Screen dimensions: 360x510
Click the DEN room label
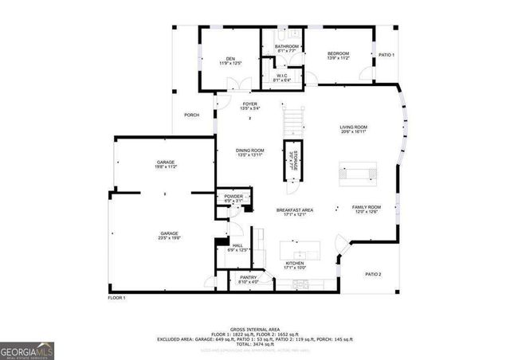[230, 58]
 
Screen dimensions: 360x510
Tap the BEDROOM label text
[338, 53]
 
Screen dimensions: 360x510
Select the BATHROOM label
[287, 47]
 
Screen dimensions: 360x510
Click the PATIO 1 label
[386, 55]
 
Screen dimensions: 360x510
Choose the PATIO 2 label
[374, 274]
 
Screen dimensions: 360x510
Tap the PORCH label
[191, 115]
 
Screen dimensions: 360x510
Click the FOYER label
[249, 104]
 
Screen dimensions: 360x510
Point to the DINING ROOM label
[249, 151]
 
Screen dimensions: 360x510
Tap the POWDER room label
[233, 196]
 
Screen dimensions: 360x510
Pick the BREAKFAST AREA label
[295, 210]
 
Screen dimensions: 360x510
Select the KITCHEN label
[295, 264]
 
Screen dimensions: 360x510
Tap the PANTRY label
[249, 277]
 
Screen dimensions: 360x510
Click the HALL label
[237, 245]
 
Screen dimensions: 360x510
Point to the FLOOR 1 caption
[117, 297]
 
